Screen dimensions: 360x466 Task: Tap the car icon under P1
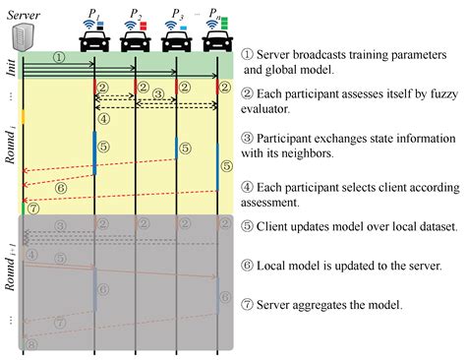(94, 39)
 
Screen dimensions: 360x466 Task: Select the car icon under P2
(134, 39)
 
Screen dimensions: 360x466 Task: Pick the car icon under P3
(176, 39)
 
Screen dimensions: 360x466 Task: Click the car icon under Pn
(217, 39)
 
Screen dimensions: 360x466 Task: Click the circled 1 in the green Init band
(59, 58)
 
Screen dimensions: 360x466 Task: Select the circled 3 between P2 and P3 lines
(155, 96)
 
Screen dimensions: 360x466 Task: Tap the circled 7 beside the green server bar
(33, 209)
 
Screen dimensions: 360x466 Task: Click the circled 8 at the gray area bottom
(32, 343)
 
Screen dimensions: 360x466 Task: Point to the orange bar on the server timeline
(22, 116)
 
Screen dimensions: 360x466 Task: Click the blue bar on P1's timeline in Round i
(94, 152)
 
